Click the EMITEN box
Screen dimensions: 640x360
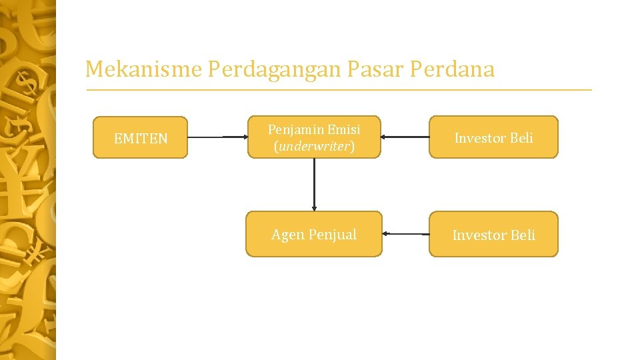coord(140,137)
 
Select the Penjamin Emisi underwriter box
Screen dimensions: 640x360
coord(314,137)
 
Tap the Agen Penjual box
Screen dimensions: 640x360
coord(314,234)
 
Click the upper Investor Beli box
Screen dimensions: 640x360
coord(493,137)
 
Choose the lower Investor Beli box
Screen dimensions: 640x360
coord(493,234)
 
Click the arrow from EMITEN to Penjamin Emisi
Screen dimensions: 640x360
coord(217,137)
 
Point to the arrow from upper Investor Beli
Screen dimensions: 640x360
coord(405,137)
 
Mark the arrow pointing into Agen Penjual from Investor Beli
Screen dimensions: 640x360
coord(406,234)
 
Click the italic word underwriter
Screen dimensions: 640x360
coord(313,146)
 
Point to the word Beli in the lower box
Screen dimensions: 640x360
coord(522,235)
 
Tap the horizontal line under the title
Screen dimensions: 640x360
coord(338,89)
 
